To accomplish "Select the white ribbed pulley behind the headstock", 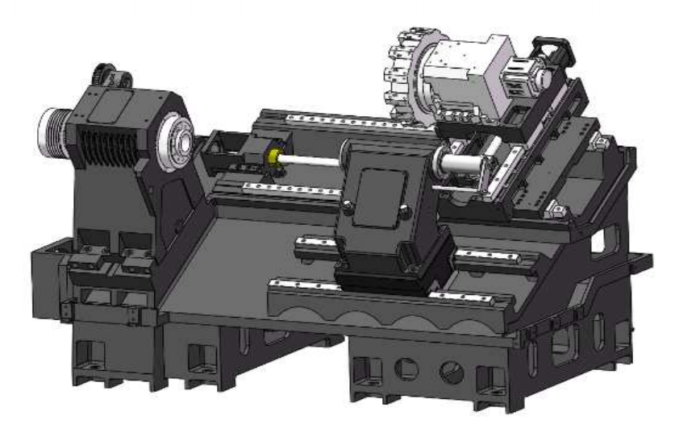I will pyautogui.click(x=56, y=129).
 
